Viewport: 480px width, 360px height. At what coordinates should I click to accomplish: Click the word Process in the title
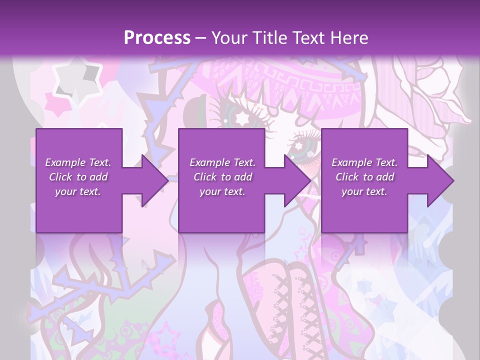[157, 38]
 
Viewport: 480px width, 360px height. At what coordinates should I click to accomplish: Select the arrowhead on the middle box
[296, 180]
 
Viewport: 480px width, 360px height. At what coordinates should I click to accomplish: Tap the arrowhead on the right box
[439, 180]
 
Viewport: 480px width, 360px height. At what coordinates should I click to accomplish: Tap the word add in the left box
[98, 177]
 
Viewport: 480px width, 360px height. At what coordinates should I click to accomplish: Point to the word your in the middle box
[210, 191]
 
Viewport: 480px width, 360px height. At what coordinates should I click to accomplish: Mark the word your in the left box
[66, 191]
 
